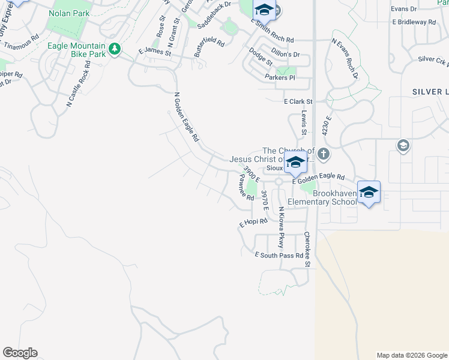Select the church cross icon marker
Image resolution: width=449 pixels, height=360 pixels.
324,153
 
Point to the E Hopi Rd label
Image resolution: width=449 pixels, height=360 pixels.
253,223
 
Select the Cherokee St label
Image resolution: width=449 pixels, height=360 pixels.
309,250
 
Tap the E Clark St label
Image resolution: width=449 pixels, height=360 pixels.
298,102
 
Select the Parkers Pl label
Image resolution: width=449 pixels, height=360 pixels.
280,77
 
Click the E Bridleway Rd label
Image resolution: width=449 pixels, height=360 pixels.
414,22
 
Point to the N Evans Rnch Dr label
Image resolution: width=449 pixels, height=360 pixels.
345,59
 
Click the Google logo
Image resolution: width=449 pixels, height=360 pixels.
20,353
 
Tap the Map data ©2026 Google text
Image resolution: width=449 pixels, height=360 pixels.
411,355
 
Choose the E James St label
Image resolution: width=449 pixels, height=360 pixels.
155,52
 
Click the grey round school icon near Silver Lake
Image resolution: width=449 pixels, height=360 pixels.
403,145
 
